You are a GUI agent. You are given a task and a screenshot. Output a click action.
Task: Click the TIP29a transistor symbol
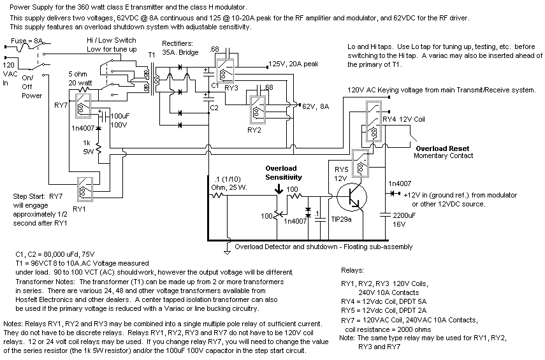click(352, 197)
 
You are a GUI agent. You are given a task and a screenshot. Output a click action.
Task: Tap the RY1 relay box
click(85, 189)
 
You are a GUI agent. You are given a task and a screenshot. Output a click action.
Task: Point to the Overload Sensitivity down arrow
click(279, 189)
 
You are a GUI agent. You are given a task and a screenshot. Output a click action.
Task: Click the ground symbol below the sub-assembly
click(227, 250)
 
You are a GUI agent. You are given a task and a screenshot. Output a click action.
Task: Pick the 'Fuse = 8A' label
click(27, 41)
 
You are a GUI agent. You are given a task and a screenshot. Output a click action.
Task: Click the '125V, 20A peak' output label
click(293, 64)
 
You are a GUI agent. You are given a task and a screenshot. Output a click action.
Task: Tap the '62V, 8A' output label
click(316, 106)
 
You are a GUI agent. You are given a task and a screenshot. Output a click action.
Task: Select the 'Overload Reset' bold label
click(442, 148)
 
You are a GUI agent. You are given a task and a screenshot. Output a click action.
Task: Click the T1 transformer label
click(152, 55)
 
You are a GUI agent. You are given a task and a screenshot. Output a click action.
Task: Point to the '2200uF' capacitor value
click(404, 215)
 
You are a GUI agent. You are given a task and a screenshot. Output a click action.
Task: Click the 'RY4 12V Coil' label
click(403, 119)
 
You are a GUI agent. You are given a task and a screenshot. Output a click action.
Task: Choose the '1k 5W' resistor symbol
click(98, 148)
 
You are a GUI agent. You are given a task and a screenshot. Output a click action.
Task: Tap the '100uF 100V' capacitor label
click(120, 120)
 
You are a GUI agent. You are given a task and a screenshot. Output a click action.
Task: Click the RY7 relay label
click(61, 105)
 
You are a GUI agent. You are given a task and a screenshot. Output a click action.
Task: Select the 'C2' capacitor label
click(214, 108)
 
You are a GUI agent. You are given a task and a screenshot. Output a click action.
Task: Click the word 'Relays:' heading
click(352, 270)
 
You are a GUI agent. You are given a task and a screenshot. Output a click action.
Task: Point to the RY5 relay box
click(360, 164)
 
